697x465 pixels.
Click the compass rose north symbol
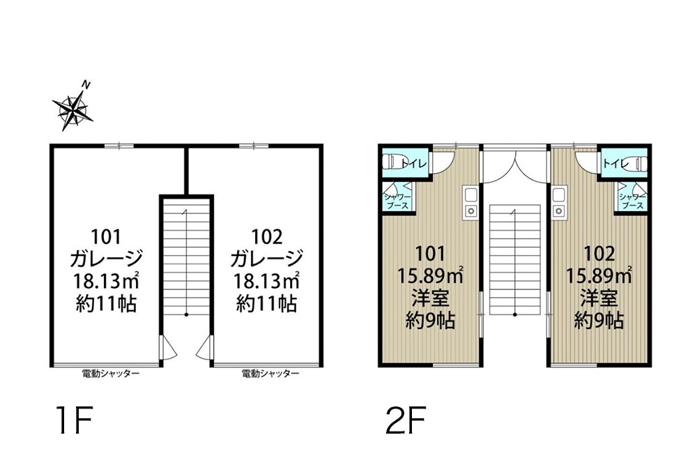click(x=73, y=109)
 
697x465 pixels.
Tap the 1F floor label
click(x=74, y=420)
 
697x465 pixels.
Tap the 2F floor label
click(x=406, y=420)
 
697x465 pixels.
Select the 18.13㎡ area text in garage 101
click(x=106, y=281)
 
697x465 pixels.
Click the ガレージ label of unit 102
click(x=267, y=258)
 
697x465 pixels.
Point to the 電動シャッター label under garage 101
click(x=111, y=374)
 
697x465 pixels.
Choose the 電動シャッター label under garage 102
click(x=270, y=374)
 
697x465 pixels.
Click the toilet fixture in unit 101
click(x=392, y=162)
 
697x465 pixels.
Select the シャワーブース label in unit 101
click(x=397, y=201)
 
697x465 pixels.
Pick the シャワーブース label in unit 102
click(x=632, y=201)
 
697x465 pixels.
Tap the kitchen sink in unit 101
click(x=470, y=202)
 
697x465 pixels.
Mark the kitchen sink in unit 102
click(x=559, y=202)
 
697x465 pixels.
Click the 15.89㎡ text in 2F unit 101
click(x=430, y=276)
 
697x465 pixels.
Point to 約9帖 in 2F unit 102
click(x=599, y=319)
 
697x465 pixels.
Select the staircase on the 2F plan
click(x=515, y=260)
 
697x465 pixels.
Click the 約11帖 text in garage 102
click(x=267, y=304)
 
